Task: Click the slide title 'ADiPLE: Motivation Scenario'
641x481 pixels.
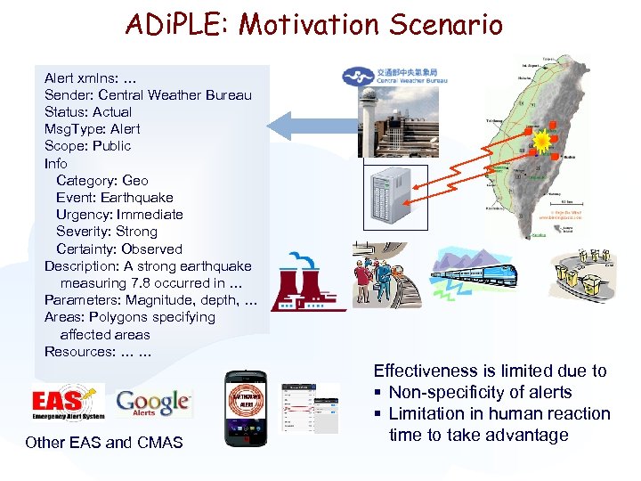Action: click(313, 24)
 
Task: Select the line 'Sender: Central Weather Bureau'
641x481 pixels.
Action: click(148, 94)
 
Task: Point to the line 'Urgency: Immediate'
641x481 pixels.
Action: click(119, 214)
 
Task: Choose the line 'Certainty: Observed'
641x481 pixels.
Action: click(119, 249)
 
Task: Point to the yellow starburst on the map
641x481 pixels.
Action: click(541, 141)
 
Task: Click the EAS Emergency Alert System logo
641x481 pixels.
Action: click(69, 403)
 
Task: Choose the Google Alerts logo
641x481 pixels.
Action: click(153, 404)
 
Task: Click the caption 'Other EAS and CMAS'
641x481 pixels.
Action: click(104, 442)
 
